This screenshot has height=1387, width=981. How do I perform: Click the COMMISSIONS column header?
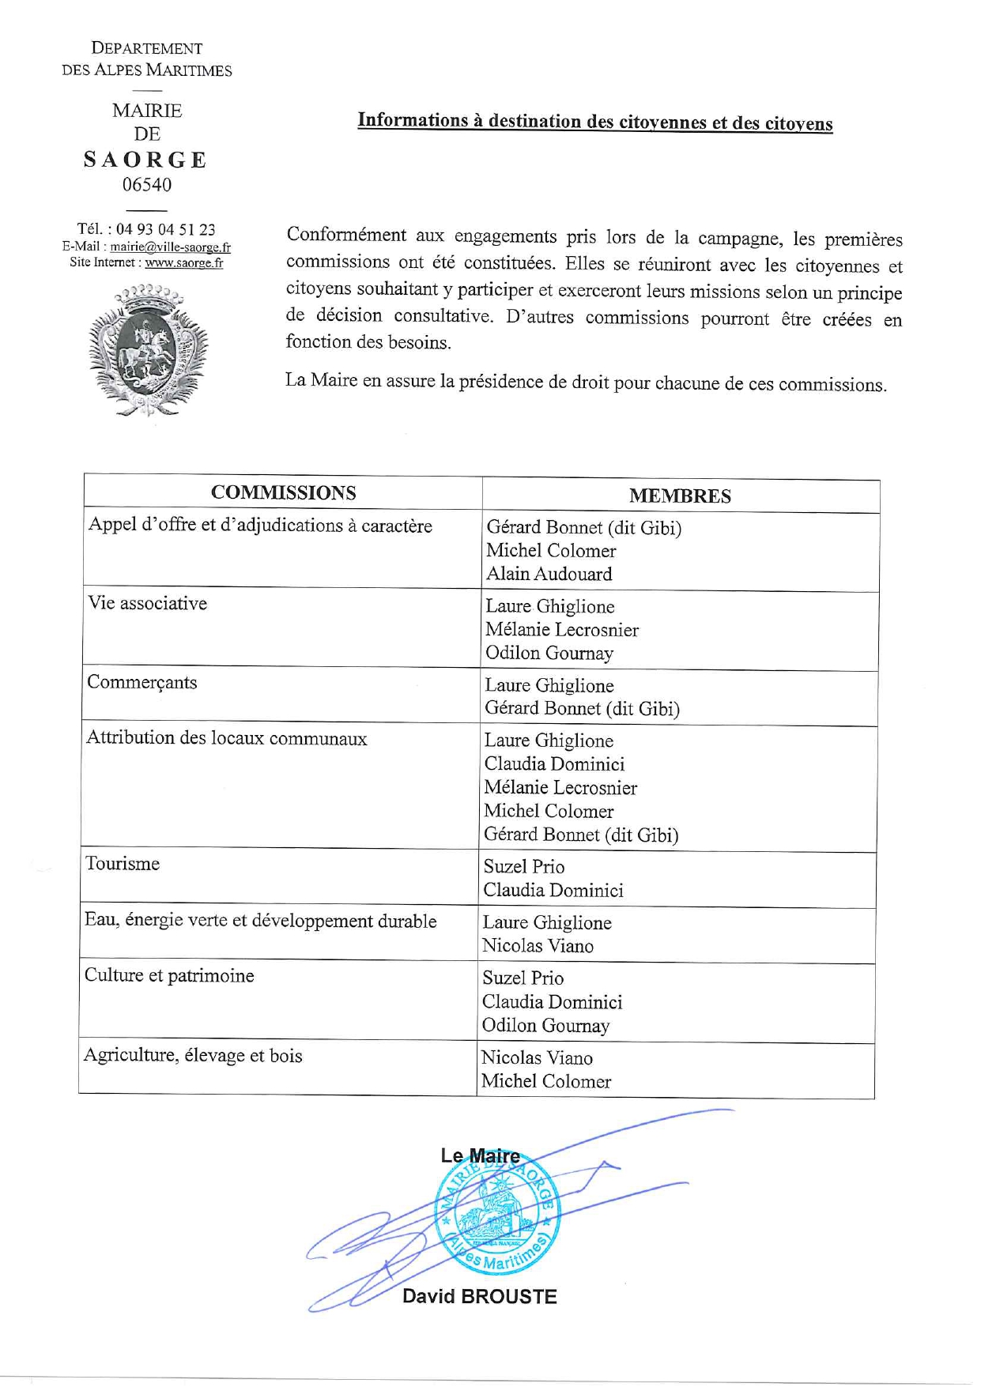tap(283, 493)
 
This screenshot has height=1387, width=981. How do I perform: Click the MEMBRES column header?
tap(680, 496)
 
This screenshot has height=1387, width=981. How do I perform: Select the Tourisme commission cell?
tap(123, 864)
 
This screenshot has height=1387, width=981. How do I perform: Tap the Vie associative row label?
tap(148, 604)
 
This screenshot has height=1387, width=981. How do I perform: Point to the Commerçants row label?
tap(142, 682)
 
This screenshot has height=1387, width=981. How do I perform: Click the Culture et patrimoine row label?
tap(169, 975)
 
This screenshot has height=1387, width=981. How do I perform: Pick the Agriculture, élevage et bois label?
tap(193, 1056)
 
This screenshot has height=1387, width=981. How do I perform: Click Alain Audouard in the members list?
tap(549, 575)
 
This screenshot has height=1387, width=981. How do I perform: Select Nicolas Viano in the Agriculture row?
tap(537, 1058)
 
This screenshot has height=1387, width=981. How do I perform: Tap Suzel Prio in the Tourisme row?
tap(524, 867)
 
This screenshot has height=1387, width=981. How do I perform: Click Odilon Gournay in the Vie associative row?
tap(549, 654)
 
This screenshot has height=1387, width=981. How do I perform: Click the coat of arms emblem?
tap(147, 349)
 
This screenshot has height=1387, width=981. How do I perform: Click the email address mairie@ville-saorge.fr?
tap(170, 247)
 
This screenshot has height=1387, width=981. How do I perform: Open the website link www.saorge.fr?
tap(183, 263)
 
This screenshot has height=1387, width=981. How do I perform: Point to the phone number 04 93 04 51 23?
tap(165, 230)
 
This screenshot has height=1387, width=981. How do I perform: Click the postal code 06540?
tap(147, 185)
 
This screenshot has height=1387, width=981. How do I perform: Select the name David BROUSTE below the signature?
tap(479, 1297)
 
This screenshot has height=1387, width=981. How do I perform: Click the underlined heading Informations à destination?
tap(594, 122)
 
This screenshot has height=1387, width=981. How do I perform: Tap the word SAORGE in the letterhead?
tap(146, 160)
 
